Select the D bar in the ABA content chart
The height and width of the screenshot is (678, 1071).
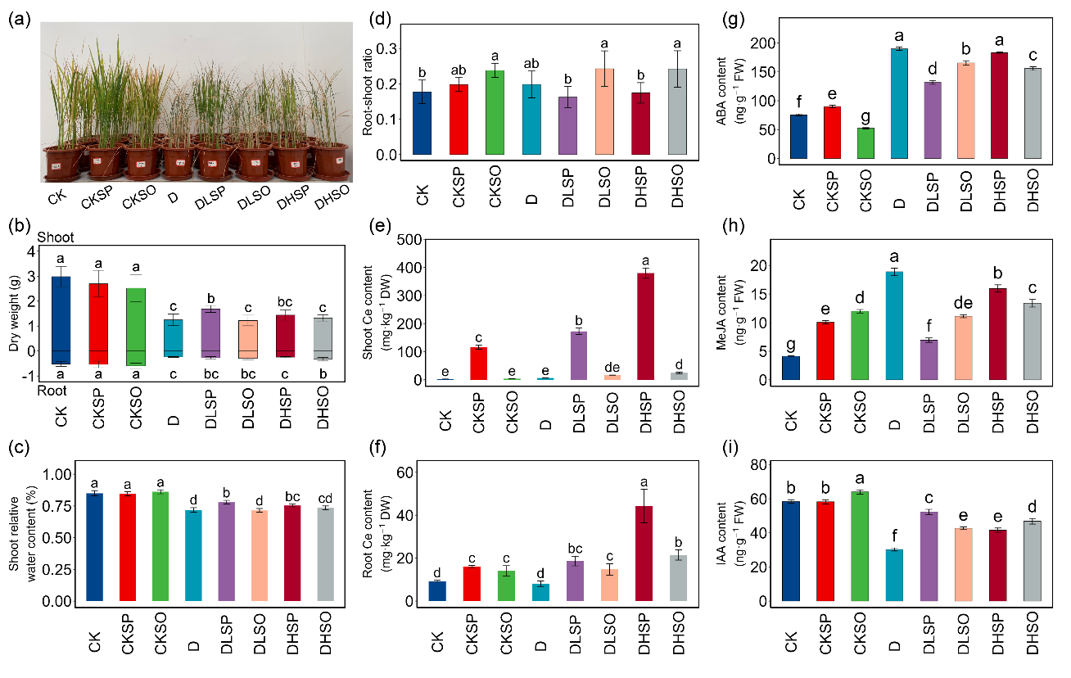coord(899,103)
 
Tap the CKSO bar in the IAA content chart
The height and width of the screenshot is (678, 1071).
coord(863,546)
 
